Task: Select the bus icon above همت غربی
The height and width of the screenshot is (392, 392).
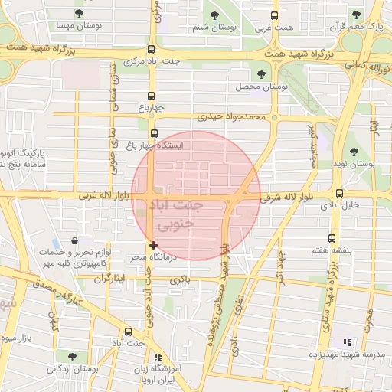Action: [x=275, y=15]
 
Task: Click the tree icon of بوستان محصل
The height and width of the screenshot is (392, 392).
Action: [x=262, y=74]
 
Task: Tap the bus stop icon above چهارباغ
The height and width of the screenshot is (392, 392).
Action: [x=151, y=96]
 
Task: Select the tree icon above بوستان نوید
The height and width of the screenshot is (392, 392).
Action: [x=354, y=152]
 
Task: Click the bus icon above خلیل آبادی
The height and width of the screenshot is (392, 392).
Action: [x=339, y=194]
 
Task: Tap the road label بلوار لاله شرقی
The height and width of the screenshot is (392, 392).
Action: [x=288, y=197]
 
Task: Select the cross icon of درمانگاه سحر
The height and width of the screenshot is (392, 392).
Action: [x=154, y=245]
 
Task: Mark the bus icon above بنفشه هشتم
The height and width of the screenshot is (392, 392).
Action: [x=332, y=238]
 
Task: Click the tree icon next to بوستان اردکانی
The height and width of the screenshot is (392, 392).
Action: [x=71, y=356]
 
